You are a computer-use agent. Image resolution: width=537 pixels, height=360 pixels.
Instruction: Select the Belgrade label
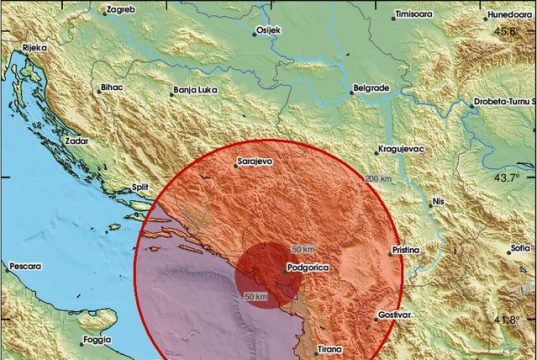[370, 88]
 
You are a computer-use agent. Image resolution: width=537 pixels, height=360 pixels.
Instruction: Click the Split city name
[142, 188]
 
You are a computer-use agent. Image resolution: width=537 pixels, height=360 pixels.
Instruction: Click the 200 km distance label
[378, 179]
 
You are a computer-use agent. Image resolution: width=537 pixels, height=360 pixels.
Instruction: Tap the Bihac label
[112, 88]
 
